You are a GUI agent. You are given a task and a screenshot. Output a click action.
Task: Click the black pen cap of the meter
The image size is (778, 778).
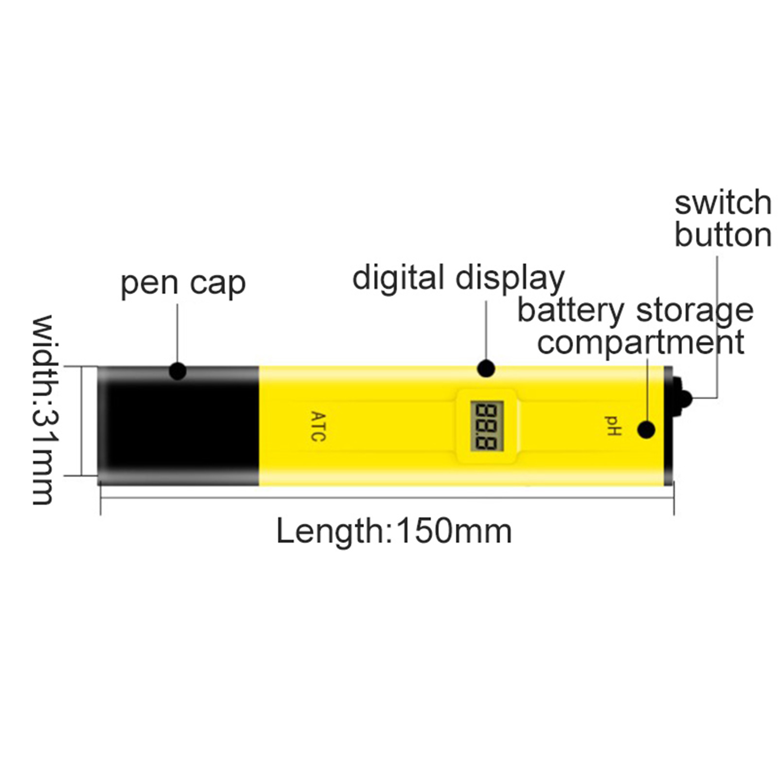click(178, 426)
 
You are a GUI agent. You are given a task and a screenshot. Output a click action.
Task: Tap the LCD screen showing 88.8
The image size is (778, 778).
click(486, 426)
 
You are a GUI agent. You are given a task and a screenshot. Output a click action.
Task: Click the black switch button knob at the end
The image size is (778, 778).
click(683, 399)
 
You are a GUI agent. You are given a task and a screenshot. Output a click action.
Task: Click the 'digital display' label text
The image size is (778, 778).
click(459, 278)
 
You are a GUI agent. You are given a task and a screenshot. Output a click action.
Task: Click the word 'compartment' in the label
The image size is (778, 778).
click(640, 342)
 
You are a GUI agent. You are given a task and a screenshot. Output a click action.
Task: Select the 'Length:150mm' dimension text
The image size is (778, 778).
click(394, 531)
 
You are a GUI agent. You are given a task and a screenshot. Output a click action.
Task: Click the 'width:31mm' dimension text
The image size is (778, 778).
click(43, 409)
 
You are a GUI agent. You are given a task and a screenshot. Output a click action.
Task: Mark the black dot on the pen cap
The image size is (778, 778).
click(177, 371)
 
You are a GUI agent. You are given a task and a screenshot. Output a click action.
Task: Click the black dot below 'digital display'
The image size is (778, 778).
click(486, 369)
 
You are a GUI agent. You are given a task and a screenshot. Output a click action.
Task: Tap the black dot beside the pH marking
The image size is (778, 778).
click(646, 430)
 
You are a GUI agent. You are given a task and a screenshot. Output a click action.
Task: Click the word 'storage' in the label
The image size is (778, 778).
click(695, 312)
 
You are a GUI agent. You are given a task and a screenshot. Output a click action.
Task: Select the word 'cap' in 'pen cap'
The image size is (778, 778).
click(218, 285)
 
